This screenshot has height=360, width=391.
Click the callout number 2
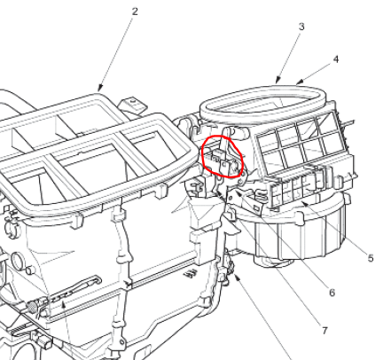click(135, 12)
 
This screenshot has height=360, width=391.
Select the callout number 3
click(301, 27)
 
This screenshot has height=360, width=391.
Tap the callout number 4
click(336, 59)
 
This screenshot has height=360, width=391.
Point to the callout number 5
click(371, 258)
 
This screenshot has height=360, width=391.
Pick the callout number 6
click(332, 293)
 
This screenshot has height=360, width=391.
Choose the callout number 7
click(325, 331)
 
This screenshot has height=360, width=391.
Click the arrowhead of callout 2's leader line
click(100, 88)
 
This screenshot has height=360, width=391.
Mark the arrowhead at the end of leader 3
click(278, 80)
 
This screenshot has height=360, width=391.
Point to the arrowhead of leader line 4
click(299, 82)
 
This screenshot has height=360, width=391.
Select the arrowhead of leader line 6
click(239, 193)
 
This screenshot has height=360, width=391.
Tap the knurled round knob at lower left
click(32, 306)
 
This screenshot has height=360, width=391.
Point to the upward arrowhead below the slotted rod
click(63, 305)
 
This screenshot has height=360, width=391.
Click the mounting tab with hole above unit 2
click(132, 104)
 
